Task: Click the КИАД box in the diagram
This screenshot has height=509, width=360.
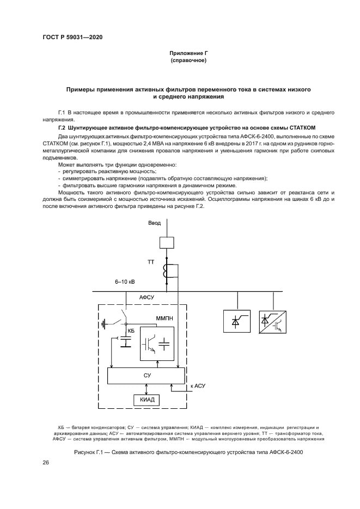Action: point(144,400)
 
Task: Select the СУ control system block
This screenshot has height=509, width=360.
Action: point(147,375)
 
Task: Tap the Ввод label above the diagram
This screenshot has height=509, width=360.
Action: point(155,223)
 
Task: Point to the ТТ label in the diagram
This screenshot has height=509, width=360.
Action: point(151,263)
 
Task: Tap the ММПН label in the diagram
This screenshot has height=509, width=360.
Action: point(164,317)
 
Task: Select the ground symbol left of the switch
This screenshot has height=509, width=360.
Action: point(105,326)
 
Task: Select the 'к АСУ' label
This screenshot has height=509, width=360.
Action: point(197,387)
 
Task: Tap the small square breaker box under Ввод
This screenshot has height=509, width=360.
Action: point(167,242)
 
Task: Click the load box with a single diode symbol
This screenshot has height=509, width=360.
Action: point(237,322)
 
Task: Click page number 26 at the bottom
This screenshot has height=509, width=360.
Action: point(46,463)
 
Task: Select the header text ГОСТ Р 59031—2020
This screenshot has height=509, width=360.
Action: point(72,37)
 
